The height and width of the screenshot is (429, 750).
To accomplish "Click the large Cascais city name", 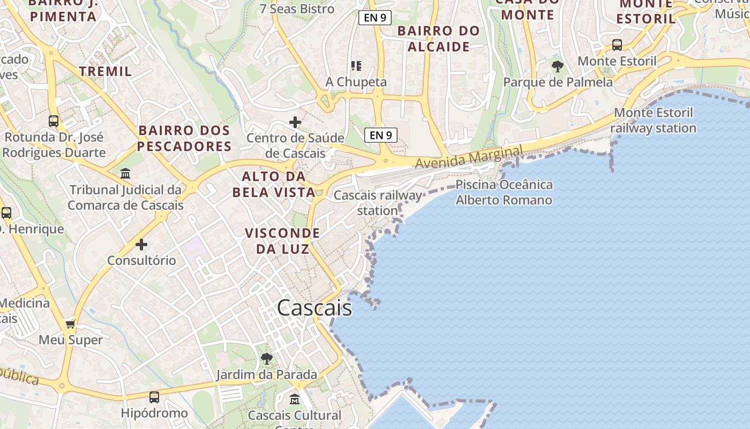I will pyautogui.click(x=314, y=308).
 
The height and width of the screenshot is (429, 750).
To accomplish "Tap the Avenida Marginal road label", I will pyautogui.click(x=468, y=157).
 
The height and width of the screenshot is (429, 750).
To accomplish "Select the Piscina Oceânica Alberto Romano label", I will pyautogui.click(x=504, y=193).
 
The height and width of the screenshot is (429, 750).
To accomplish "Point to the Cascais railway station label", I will pyautogui.click(x=378, y=203).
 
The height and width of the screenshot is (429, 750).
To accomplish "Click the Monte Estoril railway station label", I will pyautogui.click(x=653, y=121).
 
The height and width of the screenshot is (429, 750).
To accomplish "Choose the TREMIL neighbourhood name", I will pyautogui.click(x=106, y=71).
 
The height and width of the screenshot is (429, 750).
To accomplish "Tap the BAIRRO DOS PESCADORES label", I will pyautogui.click(x=184, y=138).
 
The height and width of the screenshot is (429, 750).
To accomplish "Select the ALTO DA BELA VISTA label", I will pyautogui.click(x=273, y=184).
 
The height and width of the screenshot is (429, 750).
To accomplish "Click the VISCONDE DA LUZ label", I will pyautogui.click(x=282, y=241).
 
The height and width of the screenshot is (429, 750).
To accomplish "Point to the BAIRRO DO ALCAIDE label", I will pyautogui.click(x=439, y=39).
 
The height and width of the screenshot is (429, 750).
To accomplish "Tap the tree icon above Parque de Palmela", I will pyautogui.click(x=558, y=67).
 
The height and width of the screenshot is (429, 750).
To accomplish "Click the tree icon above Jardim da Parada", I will pyautogui.click(x=266, y=359).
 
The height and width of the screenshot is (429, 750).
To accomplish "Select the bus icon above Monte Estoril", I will pyautogui.click(x=617, y=45).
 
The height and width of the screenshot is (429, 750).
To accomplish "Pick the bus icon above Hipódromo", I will pyautogui.click(x=154, y=397).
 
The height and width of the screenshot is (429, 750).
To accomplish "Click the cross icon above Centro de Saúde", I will pyautogui.click(x=295, y=122).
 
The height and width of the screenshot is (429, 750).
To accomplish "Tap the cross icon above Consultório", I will pyautogui.click(x=141, y=245).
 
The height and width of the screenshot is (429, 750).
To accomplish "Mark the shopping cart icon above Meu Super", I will pyautogui.click(x=70, y=324).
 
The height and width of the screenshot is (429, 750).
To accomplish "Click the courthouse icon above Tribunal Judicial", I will pyautogui.click(x=125, y=173).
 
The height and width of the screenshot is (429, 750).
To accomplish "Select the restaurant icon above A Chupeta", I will pyautogui.click(x=356, y=66).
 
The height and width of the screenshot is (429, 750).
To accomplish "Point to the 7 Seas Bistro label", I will pyautogui.click(x=297, y=9).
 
